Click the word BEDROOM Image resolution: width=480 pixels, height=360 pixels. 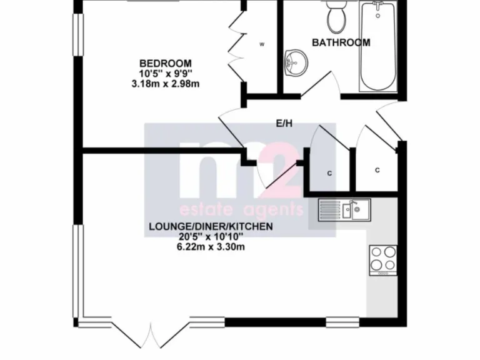(165, 63)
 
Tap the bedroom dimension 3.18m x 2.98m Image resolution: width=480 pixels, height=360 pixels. (165, 83)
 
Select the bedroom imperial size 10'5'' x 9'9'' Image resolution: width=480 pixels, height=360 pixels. (165, 73)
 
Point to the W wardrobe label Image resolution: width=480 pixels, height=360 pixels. (262, 44)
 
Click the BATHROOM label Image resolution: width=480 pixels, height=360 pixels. (341, 43)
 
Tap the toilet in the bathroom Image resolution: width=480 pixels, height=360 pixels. (337, 17)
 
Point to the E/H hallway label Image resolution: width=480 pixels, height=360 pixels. (284, 124)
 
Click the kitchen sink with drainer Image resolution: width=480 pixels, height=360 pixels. (344, 209)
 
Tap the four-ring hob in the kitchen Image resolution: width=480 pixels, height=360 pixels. (383, 259)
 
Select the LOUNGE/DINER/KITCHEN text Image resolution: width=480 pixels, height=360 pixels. (210, 226)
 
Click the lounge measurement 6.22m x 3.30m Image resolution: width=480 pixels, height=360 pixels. (210, 246)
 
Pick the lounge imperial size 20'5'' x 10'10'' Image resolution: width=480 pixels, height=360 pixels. (210, 236)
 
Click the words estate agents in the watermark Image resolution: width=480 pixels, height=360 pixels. (241, 209)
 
